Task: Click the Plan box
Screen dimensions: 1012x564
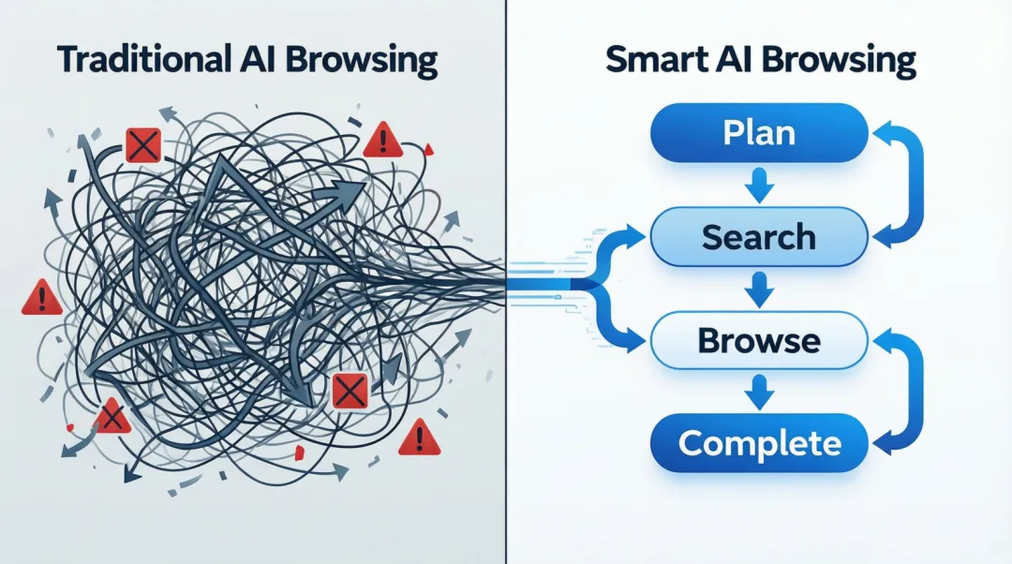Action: coord(759,133)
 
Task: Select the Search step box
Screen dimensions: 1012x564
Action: coord(759,237)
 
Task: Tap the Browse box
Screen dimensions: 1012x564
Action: coord(759,340)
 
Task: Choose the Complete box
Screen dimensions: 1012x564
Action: coord(759,443)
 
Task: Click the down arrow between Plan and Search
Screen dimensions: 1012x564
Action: coord(759,186)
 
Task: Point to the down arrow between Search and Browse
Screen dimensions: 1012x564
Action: coord(759,289)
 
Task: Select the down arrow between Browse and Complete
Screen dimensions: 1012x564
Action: coord(759,393)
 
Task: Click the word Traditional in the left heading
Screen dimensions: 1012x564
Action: coord(144,59)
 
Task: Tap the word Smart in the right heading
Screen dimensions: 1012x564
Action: coord(659,59)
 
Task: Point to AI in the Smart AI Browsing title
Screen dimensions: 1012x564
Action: coord(737,59)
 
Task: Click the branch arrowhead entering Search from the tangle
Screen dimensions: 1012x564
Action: coord(635,237)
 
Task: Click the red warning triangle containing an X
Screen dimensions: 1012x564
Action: coord(112,417)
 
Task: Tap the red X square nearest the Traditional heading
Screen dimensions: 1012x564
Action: coord(143,145)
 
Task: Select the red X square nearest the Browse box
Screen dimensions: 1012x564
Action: coord(350,391)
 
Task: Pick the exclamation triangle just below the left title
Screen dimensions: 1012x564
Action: coord(382,141)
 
